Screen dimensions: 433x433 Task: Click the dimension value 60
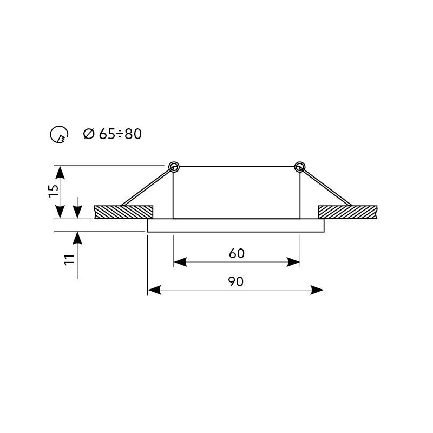[x=237, y=253]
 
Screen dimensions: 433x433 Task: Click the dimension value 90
[x=236, y=281]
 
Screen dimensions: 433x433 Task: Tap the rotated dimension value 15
[x=54, y=191]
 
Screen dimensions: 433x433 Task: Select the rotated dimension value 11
[x=69, y=260]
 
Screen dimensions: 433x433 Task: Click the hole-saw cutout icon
[x=59, y=134]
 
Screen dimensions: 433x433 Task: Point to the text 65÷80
[x=120, y=134]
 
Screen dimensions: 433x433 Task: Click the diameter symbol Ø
[x=89, y=134]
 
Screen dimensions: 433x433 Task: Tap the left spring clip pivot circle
[x=174, y=167]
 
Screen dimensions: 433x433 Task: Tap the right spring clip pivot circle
[x=300, y=167]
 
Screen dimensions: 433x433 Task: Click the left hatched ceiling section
[x=123, y=212]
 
